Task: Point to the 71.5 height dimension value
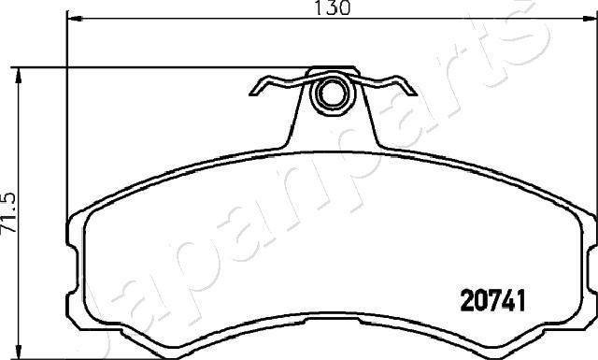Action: [x=10, y=215]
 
